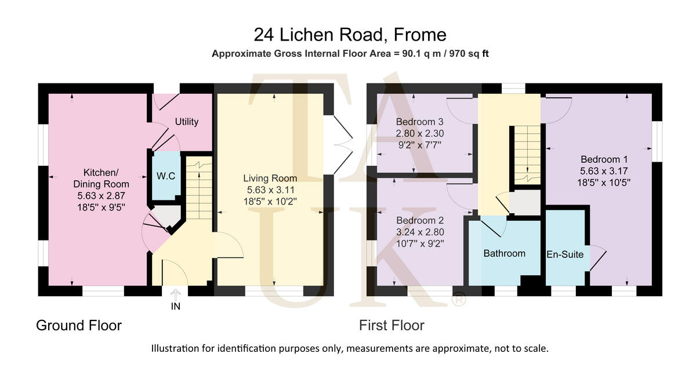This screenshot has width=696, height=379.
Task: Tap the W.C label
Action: pos(166,176)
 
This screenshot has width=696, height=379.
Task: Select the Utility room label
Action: pos(187,122)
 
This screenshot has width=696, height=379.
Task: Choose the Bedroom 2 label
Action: pos(419,221)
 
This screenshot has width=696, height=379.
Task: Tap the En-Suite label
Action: pos(565,254)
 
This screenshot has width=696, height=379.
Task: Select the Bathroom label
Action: pos(504,253)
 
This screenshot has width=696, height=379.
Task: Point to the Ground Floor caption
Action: pos(79,326)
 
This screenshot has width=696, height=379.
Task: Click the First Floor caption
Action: pos(391,326)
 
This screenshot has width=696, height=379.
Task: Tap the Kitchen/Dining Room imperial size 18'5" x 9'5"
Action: pos(101,206)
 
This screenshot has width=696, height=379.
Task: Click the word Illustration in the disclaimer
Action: pos(175,349)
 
